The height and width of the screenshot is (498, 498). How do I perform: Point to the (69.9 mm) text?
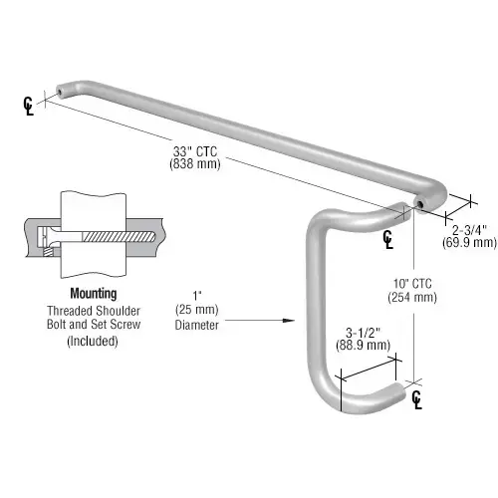(x=469, y=242)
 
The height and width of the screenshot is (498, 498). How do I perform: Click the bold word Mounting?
(x=93, y=294)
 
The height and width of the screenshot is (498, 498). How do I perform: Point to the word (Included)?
(x=93, y=341)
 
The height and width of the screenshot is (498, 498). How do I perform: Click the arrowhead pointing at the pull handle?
(x=292, y=320)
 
